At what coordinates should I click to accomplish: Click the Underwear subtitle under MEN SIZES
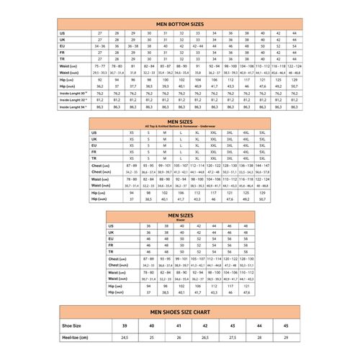coord(180,127)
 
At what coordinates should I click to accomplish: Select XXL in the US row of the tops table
coord(214,132)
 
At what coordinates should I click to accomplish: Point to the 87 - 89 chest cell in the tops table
coord(132,166)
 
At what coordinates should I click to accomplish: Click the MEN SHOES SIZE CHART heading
coord(179,312)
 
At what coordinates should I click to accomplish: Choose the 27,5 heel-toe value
coord(232,337)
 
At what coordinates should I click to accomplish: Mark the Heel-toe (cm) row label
coord(73,337)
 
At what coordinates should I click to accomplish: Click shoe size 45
coord(286,325)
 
